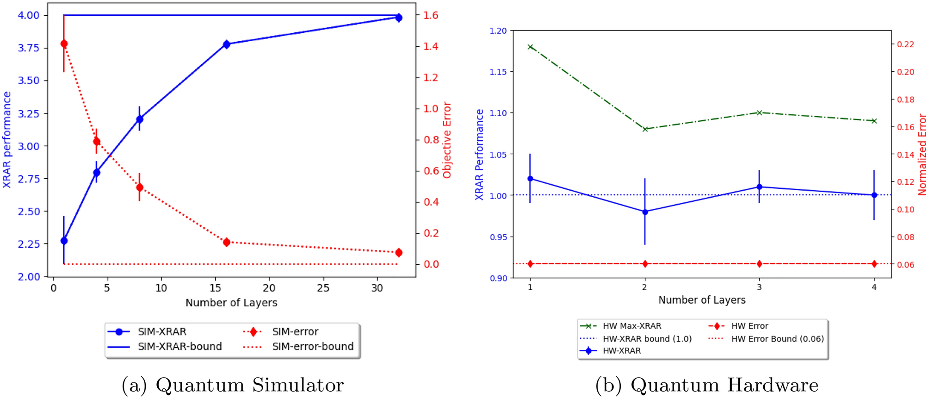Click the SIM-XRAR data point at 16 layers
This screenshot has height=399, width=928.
[x=226, y=44]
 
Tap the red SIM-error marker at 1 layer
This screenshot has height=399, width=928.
[x=64, y=44]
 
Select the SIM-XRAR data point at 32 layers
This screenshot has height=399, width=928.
[x=399, y=18]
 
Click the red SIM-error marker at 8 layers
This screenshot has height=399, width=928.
[x=140, y=187]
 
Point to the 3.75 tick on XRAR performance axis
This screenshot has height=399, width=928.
[x=28, y=48]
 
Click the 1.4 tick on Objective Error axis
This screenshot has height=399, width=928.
[x=431, y=46]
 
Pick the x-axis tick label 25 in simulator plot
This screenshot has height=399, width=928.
[x=323, y=288]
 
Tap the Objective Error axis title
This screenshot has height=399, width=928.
[x=447, y=140]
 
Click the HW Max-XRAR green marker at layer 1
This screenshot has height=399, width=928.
[x=530, y=47]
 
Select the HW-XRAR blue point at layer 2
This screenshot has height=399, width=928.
[x=645, y=212]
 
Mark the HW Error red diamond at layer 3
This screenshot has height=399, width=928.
[x=759, y=264]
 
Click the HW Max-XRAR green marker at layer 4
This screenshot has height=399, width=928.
[x=874, y=121]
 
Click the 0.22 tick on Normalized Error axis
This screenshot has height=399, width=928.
[x=905, y=44]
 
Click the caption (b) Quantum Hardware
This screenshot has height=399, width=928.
[x=706, y=385]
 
